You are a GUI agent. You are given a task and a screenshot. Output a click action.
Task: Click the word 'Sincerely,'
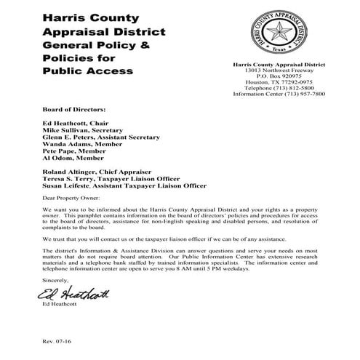[56, 279]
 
